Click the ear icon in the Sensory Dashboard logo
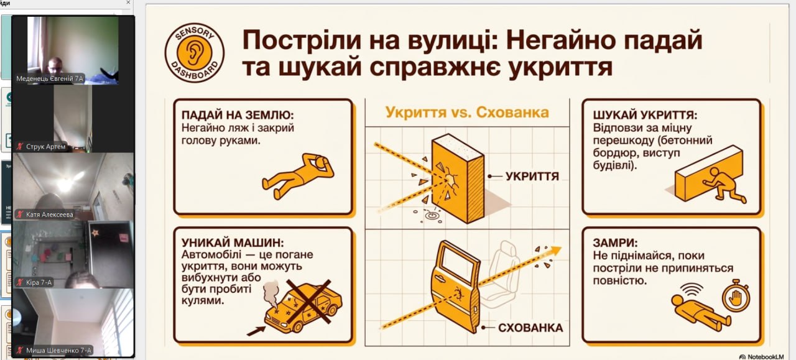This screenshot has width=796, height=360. (x=194, y=53)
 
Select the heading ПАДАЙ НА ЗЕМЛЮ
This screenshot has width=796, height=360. (x=238, y=115)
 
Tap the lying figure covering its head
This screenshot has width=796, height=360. (x=298, y=175)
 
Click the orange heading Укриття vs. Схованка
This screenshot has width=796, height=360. (x=467, y=113)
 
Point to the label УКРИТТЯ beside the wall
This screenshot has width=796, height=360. (x=532, y=176)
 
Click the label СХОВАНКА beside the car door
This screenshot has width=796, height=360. (x=530, y=328)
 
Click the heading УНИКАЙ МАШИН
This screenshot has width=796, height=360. (x=233, y=242)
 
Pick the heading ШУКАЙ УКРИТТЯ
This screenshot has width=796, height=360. (x=645, y=115)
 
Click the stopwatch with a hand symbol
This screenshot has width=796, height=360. (x=736, y=297)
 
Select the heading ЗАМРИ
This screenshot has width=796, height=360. (x=615, y=242)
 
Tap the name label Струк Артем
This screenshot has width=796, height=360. (x=46, y=146)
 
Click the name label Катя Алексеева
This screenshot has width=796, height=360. (x=50, y=215)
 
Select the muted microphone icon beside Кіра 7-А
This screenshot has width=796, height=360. (x=20, y=282)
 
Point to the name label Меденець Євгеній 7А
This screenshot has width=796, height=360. (x=50, y=78)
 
